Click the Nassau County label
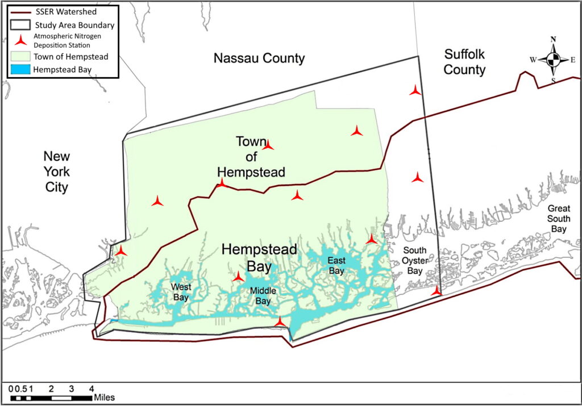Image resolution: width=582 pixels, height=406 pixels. click(259, 58)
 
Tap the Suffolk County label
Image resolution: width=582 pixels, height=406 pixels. click(465, 62)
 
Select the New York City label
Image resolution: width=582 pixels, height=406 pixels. click(57, 171)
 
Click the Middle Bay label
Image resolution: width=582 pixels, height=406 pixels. click(263, 296)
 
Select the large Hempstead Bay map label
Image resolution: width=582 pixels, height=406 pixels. click(259, 257)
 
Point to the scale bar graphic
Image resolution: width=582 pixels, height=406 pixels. click(51, 398)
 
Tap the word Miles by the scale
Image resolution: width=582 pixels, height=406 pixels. click(106, 397)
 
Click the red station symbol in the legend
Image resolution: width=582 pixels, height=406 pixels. click(20, 40)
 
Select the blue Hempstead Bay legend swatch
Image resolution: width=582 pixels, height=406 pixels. click(19, 70)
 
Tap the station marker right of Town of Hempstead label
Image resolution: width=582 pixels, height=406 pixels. click(356, 131)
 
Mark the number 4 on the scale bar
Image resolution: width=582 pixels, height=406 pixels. click(91, 388)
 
